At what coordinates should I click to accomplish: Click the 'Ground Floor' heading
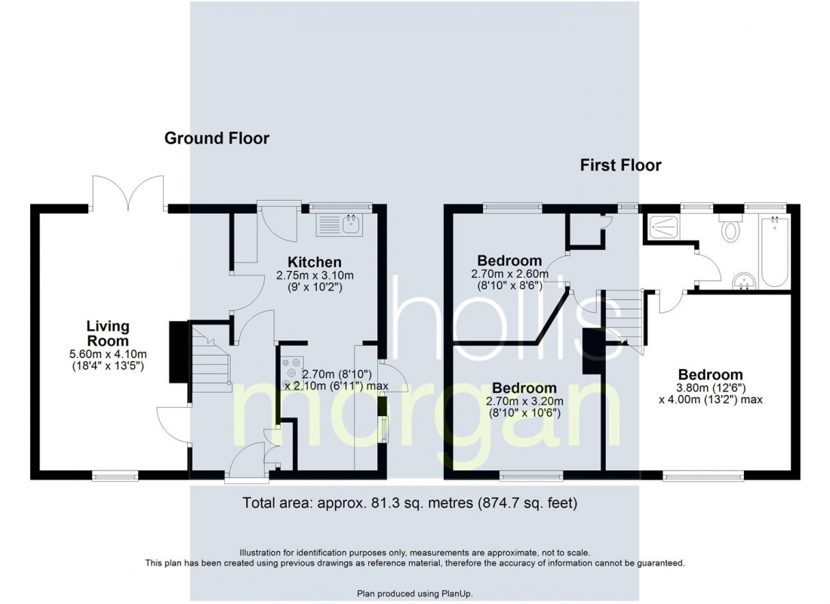pos(217,138)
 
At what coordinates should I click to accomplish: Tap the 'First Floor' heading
pos(620,165)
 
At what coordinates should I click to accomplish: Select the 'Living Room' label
pos(108,333)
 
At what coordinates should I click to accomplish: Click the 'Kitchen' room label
pos(315,262)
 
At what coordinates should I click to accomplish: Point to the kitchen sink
pos(340,225)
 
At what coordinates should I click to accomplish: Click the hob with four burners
pos(292,373)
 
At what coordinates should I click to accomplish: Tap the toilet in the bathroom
pos(731,227)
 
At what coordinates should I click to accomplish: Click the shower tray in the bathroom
pos(662,228)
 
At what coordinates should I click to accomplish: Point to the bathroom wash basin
pos(746,281)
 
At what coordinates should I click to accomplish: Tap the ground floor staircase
pos(211,359)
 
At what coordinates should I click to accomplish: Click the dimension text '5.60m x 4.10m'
pos(108,354)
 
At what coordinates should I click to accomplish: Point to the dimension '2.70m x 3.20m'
pos(524,401)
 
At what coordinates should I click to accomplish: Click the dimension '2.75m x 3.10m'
pos(315,276)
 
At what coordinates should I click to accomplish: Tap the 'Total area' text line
pos(410,502)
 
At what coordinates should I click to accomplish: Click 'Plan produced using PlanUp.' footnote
pos(415,594)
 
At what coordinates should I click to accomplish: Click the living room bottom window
pos(115,476)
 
